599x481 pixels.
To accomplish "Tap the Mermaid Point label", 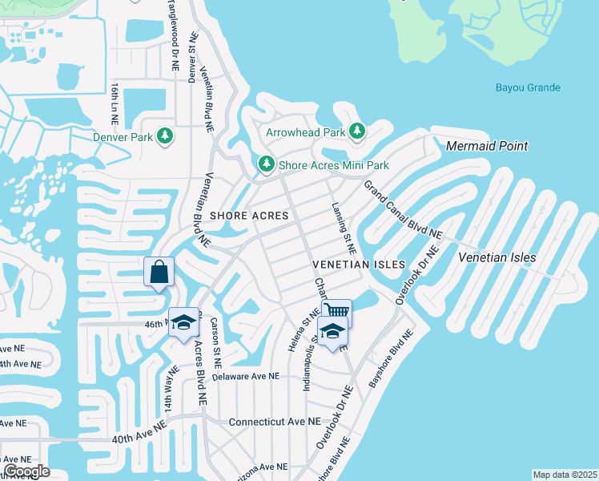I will click(x=487, y=146).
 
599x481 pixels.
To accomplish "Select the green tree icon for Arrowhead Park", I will click(x=357, y=131).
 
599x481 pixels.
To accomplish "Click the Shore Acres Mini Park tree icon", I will click(x=266, y=164).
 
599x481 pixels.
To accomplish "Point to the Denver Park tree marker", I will click(x=166, y=136).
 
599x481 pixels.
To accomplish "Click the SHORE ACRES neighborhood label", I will click(x=249, y=216).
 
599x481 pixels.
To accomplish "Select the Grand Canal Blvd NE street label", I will click(x=403, y=209).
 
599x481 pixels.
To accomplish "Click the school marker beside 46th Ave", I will click(x=183, y=322).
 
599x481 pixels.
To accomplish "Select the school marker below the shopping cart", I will click(x=331, y=329).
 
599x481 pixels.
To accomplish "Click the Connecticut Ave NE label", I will click(x=274, y=421).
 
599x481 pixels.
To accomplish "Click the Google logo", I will click(x=26, y=471).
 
